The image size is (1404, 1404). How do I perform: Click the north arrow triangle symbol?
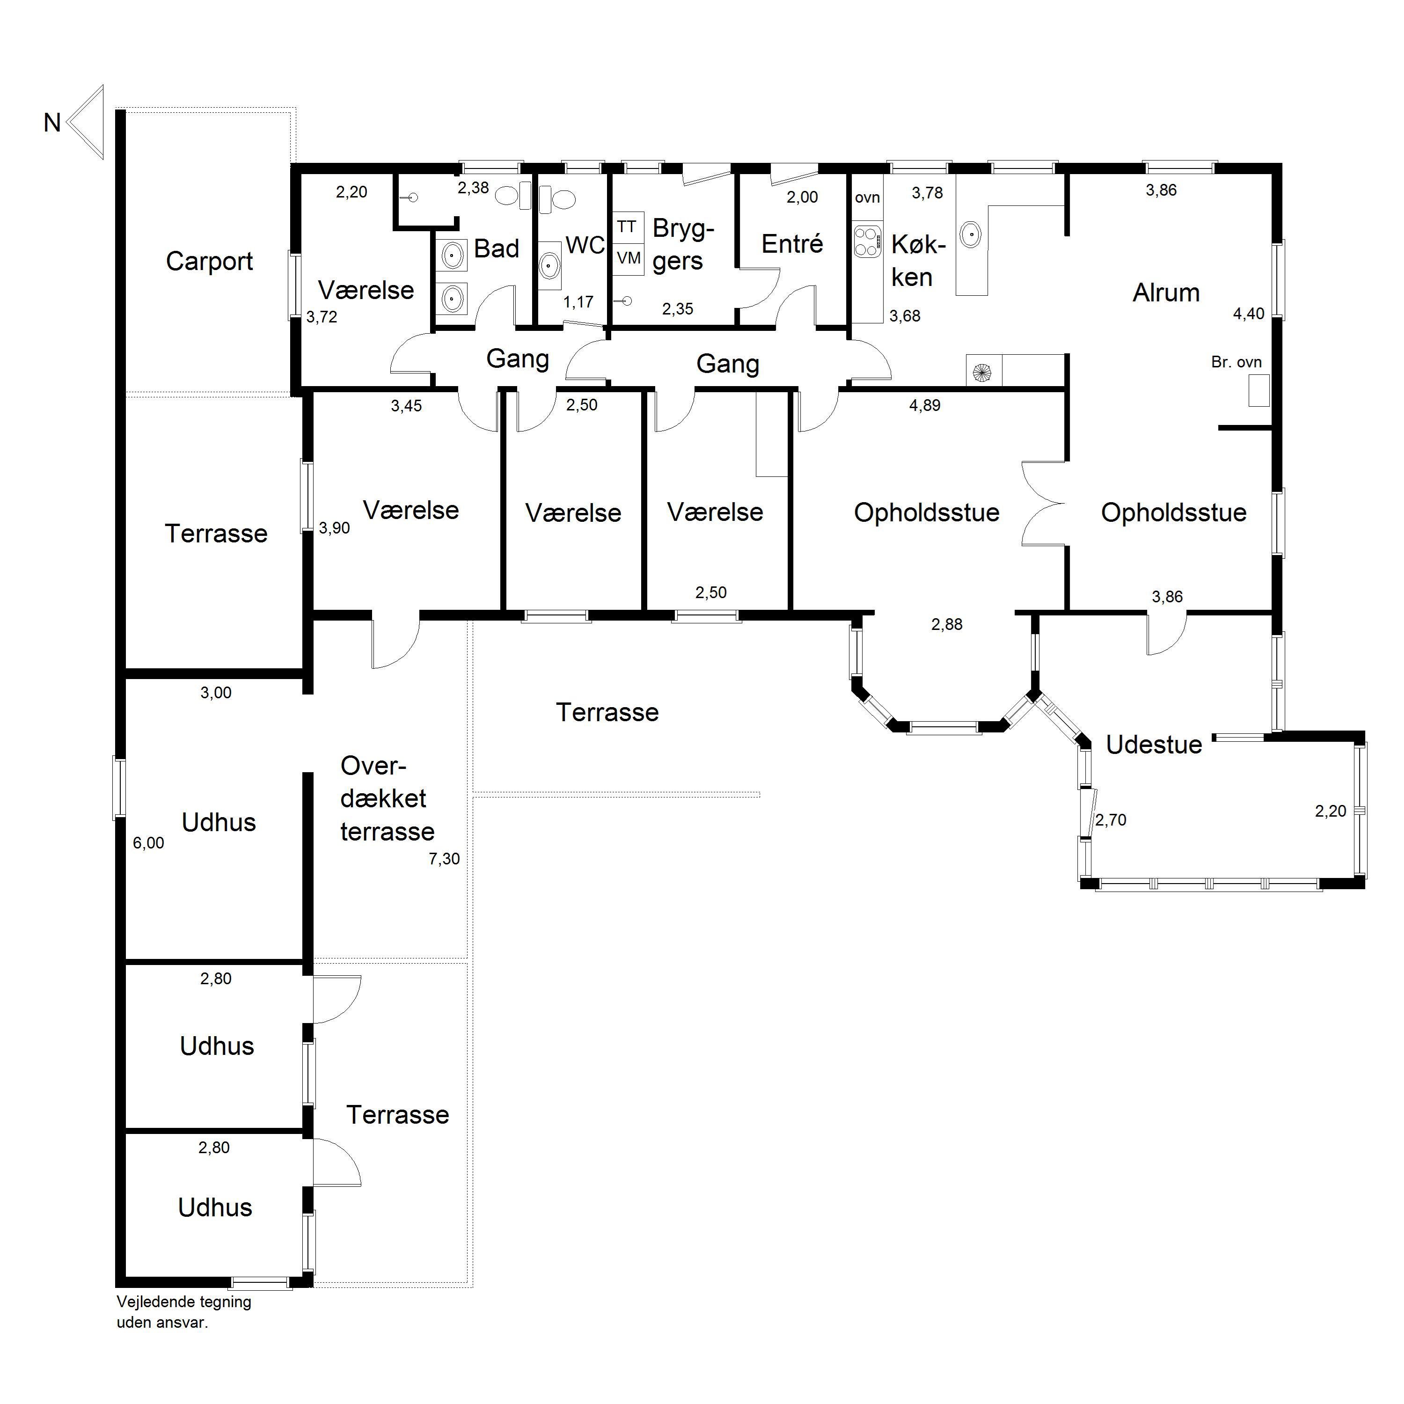(86, 122)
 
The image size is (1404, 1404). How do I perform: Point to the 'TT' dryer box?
(627, 227)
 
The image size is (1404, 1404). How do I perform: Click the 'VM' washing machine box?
(629, 258)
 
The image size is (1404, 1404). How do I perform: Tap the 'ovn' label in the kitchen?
(867, 197)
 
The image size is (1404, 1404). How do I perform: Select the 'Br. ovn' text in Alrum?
(1236, 362)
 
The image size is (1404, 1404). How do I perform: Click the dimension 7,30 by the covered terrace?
(444, 858)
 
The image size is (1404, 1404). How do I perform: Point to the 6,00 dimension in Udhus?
(148, 843)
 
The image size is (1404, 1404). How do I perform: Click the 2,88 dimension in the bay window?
(946, 624)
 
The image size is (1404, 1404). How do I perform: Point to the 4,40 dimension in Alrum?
(1249, 314)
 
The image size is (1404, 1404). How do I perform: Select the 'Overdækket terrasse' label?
(388, 798)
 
